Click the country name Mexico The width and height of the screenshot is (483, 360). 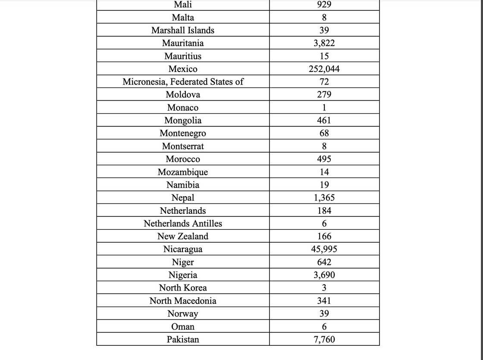pyautogui.click(x=183, y=69)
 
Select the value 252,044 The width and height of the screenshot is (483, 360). pyautogui.click(x=324, y=69)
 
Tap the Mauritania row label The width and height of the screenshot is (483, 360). pyautogui.click(x=183, y=43)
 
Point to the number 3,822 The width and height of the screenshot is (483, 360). pyautogui.click(x=324, y=43)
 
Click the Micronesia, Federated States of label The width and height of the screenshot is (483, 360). pyautogui.click(x=183, y=82)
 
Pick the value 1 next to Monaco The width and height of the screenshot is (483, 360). pyautogui.click(x=324, y=108)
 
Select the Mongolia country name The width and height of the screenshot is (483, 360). pyautogui.click(x=183, y=121)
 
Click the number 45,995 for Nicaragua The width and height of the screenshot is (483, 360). pyautogui.click(x=324, y=249)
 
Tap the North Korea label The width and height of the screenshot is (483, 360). pyautogui.click(x=183, y=288)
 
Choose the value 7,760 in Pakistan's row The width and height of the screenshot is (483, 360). pyautogui.click(x=324, y=339)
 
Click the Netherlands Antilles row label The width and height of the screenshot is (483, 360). pyautogui.click(x=183, y=223)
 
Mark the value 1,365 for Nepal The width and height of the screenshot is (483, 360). pyautogui.click(x=324, y=198)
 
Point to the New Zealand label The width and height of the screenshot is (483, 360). pyautogui.click(x=183, y=236)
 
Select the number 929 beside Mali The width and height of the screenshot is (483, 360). pyautogui.click(x=324, y=5)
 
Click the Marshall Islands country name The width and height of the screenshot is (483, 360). pyautogui.click(x=183, y=30)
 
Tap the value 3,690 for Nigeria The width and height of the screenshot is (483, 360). pyautogui.click(x=324, y=275)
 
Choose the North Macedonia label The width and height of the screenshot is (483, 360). pyautogui.click(x=183, y=301)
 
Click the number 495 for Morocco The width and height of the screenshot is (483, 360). pyautogui.click(x=324, y=159)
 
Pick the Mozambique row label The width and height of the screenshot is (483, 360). pyautogui.click(x=183, y=172)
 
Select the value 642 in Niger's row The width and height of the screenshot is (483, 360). pyautogui.click(x=324, y=262)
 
